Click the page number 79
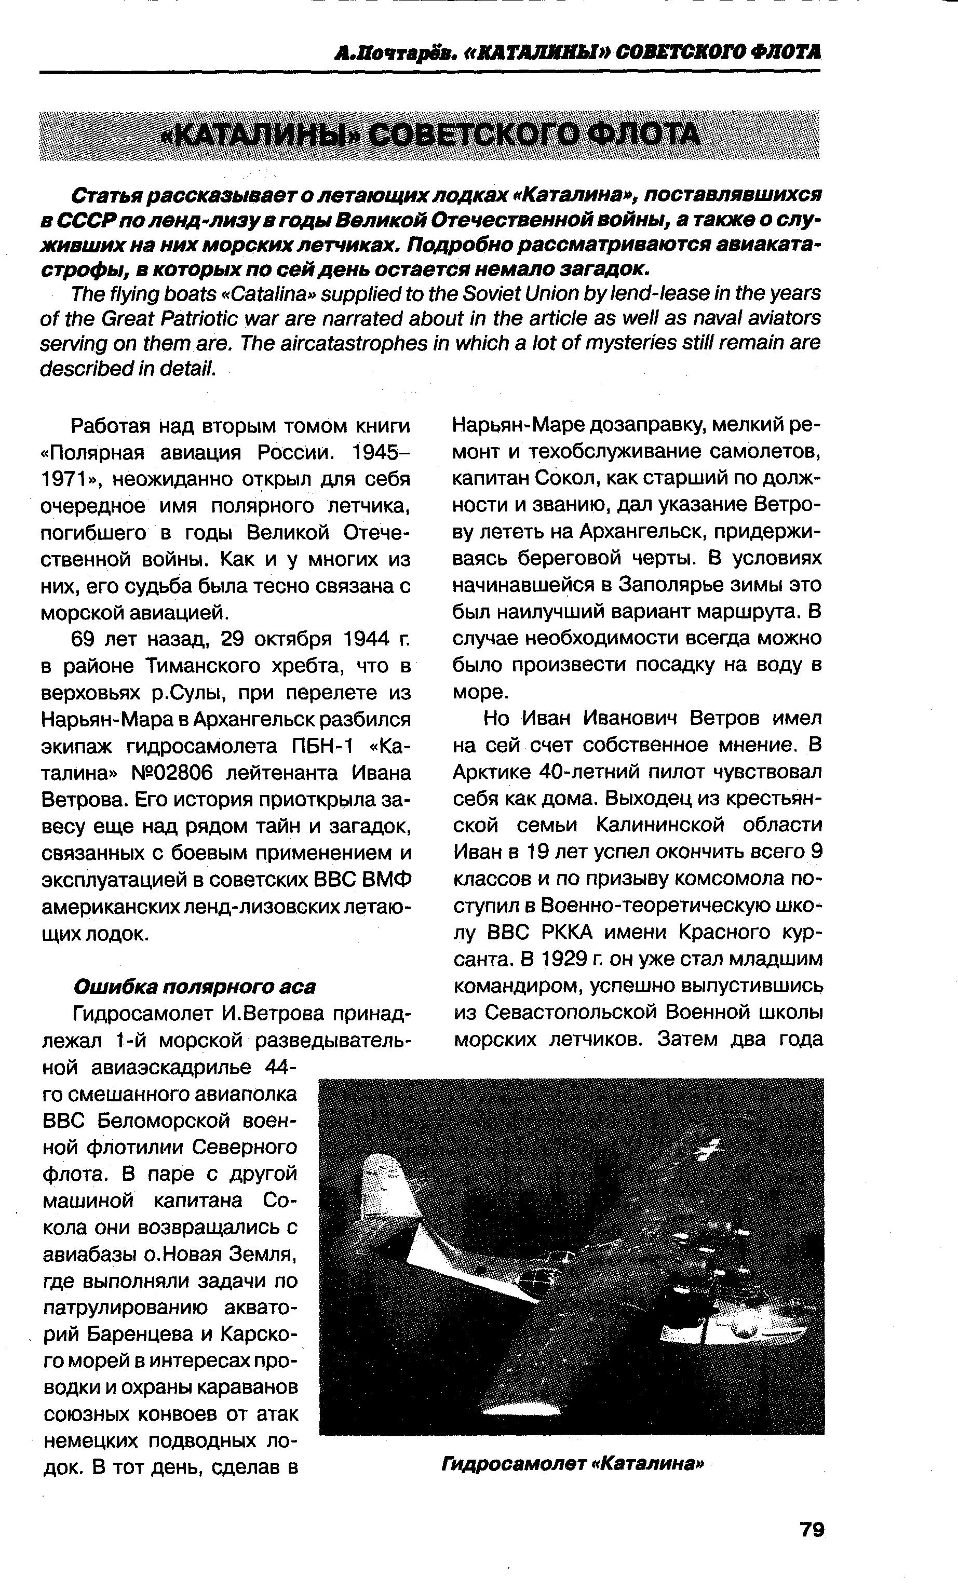click(x=812, y=1530)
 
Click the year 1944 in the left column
click(x=366, y=639)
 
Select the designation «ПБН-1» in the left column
click(x=321, y=746)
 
